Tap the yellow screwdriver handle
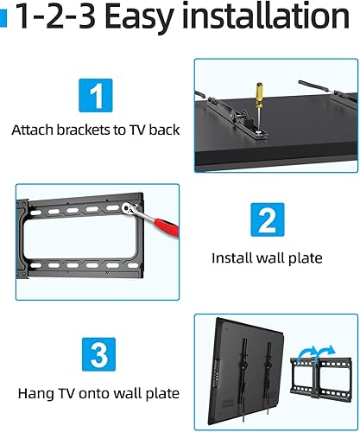tap(257, 88)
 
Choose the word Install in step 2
tap(232, 257)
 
